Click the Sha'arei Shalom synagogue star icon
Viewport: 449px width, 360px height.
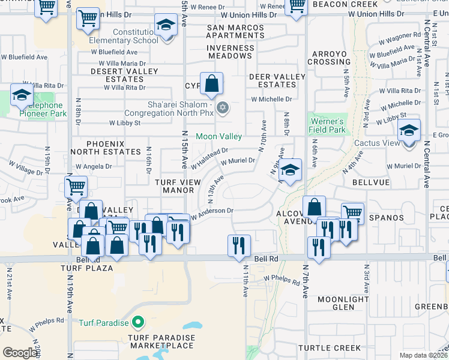click(223, 108)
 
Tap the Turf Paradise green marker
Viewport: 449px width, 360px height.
click(138, 323)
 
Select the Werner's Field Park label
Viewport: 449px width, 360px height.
click(327, 125)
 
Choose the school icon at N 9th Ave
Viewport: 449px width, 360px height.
click(290, 170)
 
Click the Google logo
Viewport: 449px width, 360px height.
click(20, 353)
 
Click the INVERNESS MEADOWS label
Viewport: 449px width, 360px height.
click(230, 52)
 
